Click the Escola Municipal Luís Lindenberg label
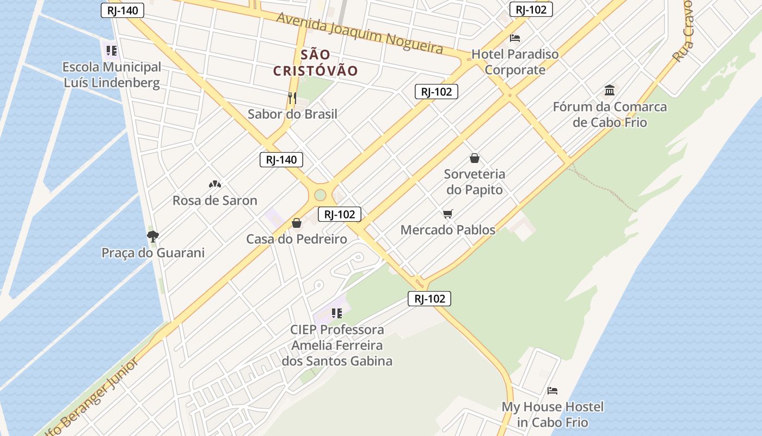112,75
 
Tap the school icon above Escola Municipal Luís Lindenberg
112,51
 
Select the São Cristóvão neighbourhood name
316,63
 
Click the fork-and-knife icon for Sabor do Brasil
292,98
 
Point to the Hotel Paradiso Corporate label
515,62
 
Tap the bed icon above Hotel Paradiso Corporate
515,38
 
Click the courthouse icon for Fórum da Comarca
610,90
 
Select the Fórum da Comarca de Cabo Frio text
610,114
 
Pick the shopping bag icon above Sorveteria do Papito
475,158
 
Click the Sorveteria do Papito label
475,182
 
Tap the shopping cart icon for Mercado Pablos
447,214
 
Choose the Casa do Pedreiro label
297,239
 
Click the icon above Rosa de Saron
215,184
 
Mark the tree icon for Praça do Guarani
153,237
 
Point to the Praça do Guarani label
153,253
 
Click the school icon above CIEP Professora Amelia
337,313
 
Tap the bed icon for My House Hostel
552,391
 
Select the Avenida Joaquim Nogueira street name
359,33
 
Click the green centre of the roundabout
320,195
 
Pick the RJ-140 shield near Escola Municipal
122,10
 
